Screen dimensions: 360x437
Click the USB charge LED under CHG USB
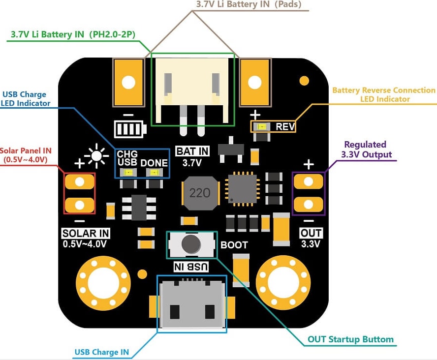pyautogui.click(x=129, y=173)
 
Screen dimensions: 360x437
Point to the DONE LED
pyautogui.click(x=154, y=173)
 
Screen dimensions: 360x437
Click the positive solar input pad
pyautogui.click(x=79, y=182)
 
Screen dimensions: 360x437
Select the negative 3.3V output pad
pyautogui.click(x=308, y=204)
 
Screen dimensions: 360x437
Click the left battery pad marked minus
pyautogui.click(x=128, y=82)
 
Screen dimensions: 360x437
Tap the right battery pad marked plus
pyautogui.click(x=254, y=82)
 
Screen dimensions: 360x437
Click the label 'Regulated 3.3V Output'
pyautogui.click(x=367, y=150)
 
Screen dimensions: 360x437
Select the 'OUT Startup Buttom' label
pyautogui.click(x=350, y=339)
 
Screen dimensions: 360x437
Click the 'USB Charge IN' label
pyautogui.click(x=102, y=352)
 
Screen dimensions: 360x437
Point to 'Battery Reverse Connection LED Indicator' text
pyautogui.click(x=384, y=94)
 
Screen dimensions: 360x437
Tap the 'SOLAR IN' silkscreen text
pyautogui.click(x=86, y=233)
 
